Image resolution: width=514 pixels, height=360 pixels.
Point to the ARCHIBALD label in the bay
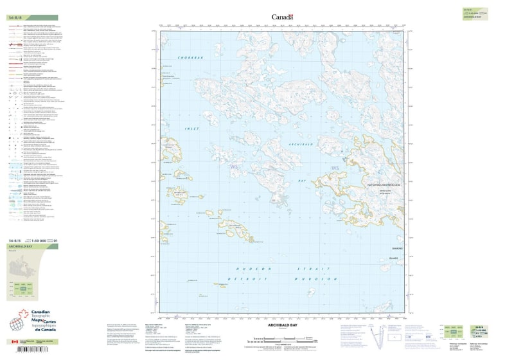tap(301, 145)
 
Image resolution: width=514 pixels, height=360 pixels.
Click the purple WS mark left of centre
tap(233, 166)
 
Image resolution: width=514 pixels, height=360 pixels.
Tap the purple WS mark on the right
tap(334, 168)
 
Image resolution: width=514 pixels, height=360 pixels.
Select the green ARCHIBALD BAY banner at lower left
tap(19, 247)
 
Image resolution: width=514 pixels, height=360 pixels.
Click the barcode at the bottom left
tap(31, 350)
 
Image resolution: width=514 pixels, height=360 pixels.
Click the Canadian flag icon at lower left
tap(15, 341)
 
